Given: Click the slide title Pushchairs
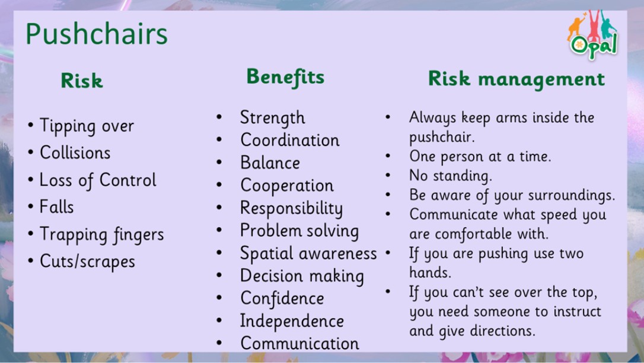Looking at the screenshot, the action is [x=97, y=34].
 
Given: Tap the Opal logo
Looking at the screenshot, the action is [x=592, y=36].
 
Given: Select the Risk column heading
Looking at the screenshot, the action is [x=82, y=81].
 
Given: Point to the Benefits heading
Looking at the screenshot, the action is [x=285, y=77].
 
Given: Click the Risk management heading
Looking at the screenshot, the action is [x=517, y=78].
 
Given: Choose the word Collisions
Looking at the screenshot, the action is [x=75, y=153].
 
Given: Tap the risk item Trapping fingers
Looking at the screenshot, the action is [x=102, y=234].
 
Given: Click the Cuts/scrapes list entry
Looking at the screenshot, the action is [x=88, y=262].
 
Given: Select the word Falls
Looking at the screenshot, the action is [x=57, y=206].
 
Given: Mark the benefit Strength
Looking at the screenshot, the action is [x=273, y=118].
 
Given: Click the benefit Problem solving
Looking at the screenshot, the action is [x=299, y=231].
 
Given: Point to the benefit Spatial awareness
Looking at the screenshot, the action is [x=308, y=253].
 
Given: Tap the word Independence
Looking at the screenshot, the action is [x=292, y=321].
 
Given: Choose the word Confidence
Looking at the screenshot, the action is [x=282, y=298].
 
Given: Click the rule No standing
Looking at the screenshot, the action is [x=451, y=176].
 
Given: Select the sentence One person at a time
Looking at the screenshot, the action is [x=480, y=157].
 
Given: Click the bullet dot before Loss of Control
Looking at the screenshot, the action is [x=30, y=180].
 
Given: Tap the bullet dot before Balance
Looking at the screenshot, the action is [x=219, y=162].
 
